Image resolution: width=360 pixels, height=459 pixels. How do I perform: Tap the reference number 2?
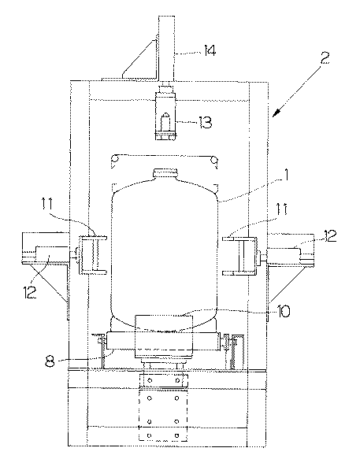coord(324,58)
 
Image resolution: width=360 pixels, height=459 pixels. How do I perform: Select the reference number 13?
coord(204,122)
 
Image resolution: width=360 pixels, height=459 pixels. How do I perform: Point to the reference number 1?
coord(286,175)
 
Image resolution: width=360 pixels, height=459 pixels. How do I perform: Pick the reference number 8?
coord(50,361)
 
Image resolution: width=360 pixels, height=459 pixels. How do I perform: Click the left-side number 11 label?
coord(46,204)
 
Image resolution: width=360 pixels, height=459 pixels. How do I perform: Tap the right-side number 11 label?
coord(281,209)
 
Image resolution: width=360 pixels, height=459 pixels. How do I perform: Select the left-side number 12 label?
coord(31,292)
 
